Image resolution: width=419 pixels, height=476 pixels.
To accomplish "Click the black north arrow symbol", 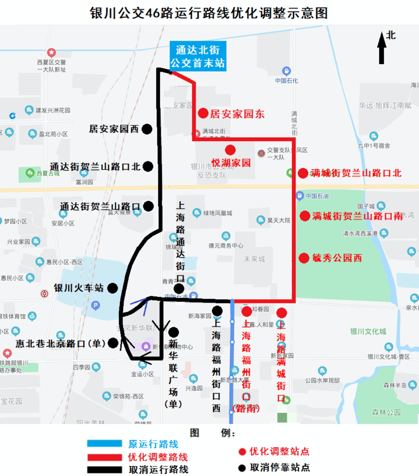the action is tap(382, 48).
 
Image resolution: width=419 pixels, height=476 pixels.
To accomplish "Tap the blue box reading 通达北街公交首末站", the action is tap(198, 56).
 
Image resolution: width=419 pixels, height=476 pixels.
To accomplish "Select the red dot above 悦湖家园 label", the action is tap(230, 150).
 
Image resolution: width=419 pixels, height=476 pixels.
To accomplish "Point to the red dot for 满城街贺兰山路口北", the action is tap(303, 173).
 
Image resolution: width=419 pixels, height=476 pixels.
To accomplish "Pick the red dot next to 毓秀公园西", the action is tap(304, 258).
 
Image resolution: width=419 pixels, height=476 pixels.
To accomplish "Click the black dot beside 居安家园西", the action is tap(147, 129).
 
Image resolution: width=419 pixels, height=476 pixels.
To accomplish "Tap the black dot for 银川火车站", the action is tap(112, 288).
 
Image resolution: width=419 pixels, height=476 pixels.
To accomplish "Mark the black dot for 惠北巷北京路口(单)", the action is tap(113, 343).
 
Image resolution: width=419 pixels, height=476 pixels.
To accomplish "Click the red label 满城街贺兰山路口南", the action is tap(357, 216).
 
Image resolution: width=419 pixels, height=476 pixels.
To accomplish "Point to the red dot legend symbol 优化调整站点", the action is tap(242, 452).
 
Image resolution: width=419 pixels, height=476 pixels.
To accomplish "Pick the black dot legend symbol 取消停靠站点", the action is tap(242, 468).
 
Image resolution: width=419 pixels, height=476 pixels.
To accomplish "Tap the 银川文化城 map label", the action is tap(369, 332).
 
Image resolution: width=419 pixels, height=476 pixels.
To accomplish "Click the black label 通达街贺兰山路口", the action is tap(100, 206).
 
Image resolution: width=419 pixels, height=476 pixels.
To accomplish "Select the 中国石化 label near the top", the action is tap(286, 80).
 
